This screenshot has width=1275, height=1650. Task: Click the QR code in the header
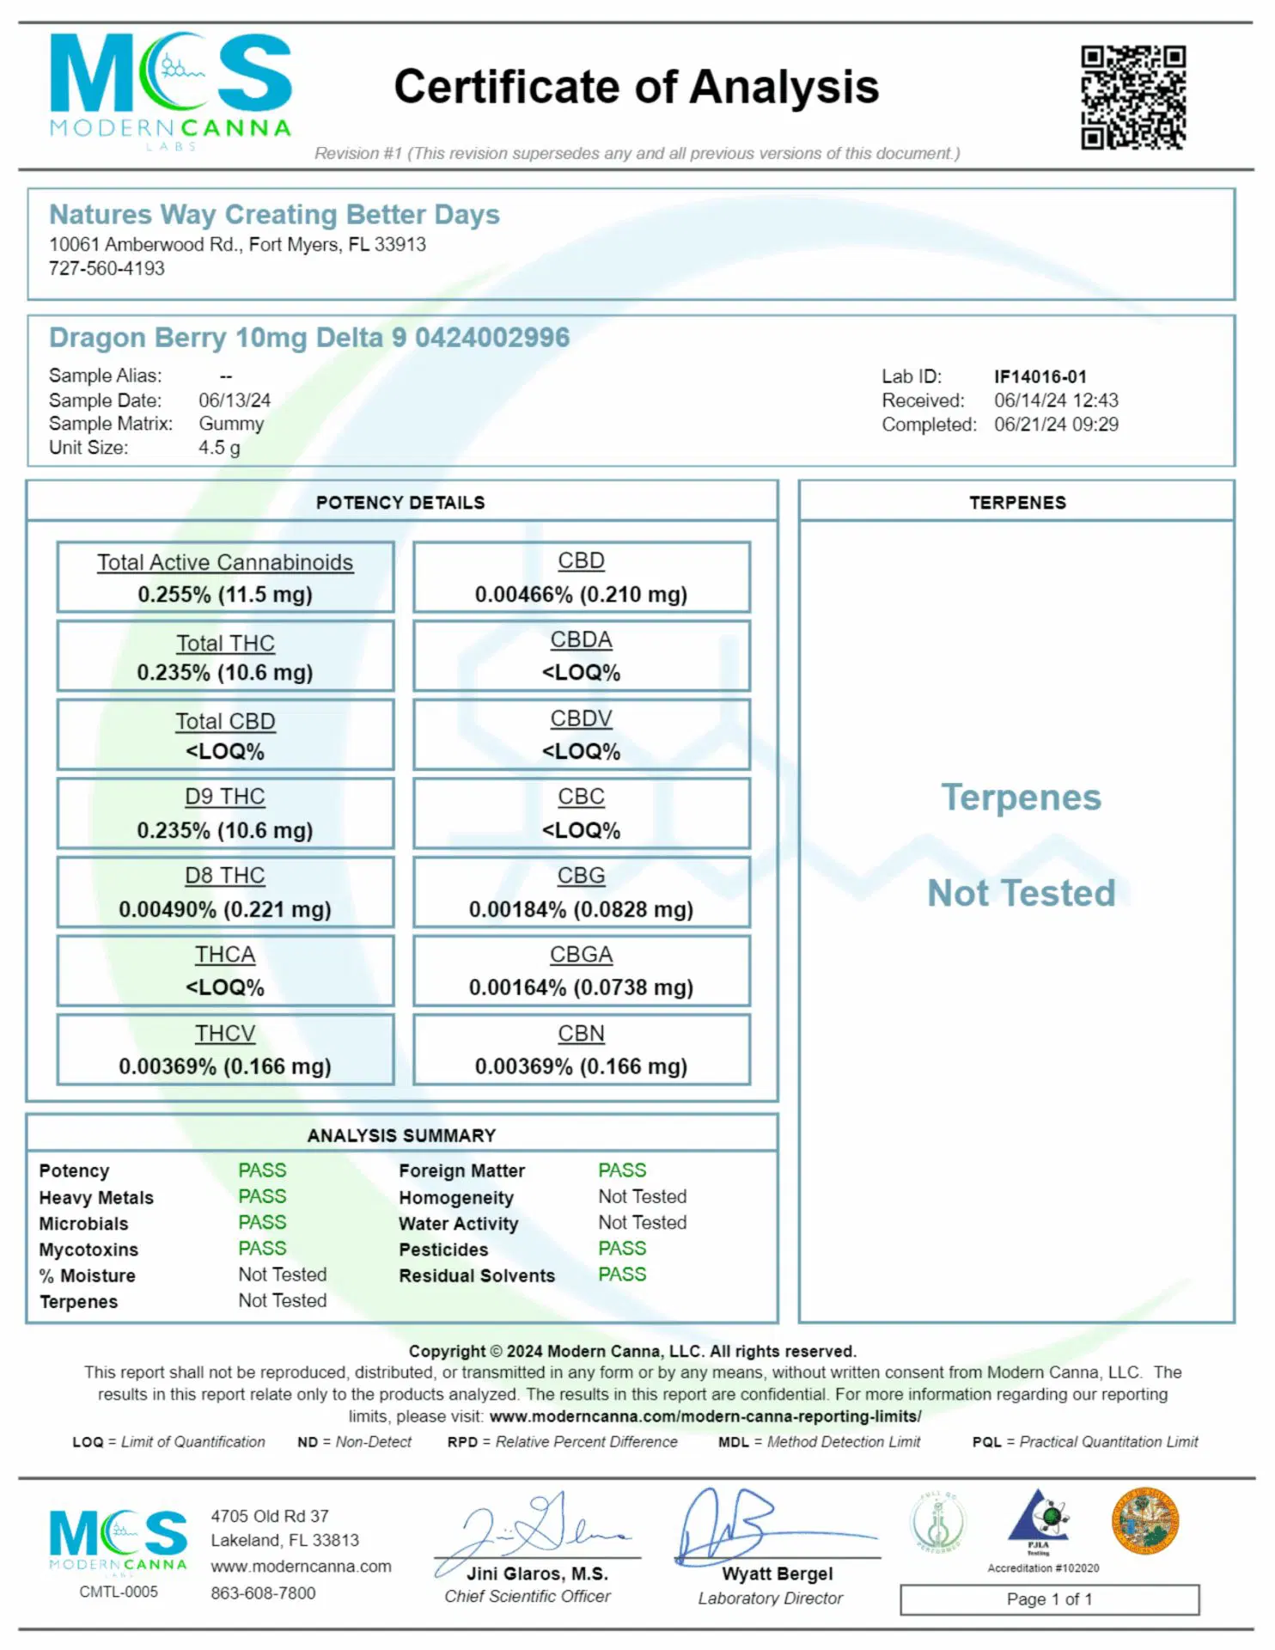(1133, 97)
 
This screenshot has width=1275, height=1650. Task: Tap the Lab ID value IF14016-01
(1040, 376)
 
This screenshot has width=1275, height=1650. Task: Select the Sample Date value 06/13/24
(235, 400)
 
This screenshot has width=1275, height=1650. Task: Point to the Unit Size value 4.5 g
(219, 448)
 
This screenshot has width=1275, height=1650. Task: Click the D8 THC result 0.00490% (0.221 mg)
(225, 909)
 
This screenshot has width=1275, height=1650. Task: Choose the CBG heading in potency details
(581, 876)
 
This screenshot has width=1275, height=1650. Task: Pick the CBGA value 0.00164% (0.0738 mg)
(581, 987)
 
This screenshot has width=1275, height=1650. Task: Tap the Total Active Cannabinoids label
(225, 562)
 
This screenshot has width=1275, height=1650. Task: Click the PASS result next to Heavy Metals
(262, 1196)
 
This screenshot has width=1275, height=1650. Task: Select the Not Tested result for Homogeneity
(642, 1196)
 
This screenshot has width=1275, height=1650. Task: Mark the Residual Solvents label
(477, 1275)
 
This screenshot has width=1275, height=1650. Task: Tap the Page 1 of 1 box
(1049, 1599)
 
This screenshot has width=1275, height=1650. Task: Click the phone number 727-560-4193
(107, 268)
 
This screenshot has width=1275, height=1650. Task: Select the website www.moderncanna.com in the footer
(301, 1567)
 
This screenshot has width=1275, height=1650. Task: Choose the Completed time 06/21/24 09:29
(1056, 425)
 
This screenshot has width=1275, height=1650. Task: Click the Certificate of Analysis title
(636, 87)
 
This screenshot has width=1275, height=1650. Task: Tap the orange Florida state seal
(1144, 1521)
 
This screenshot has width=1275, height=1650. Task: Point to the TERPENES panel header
(1017, 503)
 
